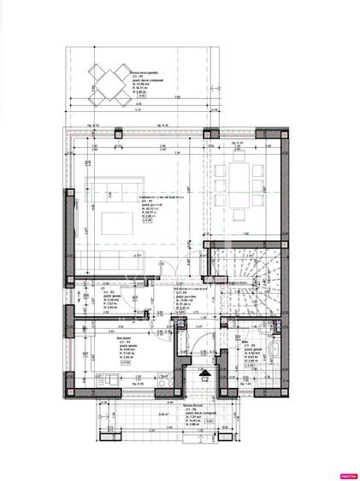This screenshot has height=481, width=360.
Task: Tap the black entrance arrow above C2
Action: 203,373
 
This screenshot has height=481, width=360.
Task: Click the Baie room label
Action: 245,342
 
